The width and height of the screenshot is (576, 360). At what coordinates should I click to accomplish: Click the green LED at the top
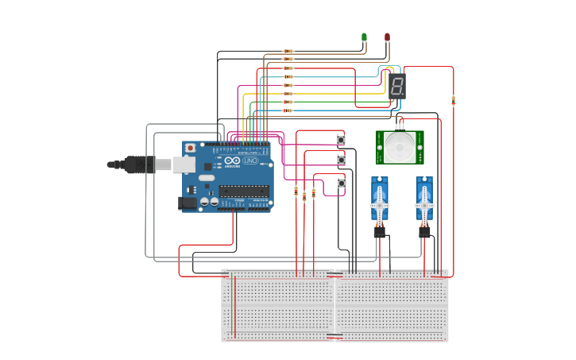coord(364,37)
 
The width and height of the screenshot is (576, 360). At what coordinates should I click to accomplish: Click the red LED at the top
coord(387,37)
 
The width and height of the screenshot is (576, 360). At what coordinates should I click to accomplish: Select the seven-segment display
coord(397,86)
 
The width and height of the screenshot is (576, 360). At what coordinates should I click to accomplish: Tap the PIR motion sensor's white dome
coord(400,147)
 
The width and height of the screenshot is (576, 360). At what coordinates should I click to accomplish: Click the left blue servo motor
coord(380,199)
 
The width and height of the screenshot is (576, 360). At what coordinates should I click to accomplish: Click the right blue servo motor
coord(425,199)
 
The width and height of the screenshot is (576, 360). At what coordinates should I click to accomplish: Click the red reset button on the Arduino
coord(190,148)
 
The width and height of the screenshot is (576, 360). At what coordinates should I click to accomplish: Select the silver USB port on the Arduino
coord(184,165)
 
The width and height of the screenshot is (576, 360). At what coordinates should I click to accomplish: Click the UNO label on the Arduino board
coord(250,161)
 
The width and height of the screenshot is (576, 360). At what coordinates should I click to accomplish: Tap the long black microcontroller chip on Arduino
coord(244,190)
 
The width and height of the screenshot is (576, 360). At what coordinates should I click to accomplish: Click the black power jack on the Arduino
coord(188,203)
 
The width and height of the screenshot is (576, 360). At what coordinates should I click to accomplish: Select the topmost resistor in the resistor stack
coord(288,51)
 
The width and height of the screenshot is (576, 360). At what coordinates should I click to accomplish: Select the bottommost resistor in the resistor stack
coord(288,110)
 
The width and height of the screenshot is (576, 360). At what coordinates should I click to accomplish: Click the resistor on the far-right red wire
coord(453,100)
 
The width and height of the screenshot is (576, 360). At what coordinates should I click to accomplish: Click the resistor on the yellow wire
coord(288,94)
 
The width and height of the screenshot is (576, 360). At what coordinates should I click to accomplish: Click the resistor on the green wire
coord(288,102)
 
